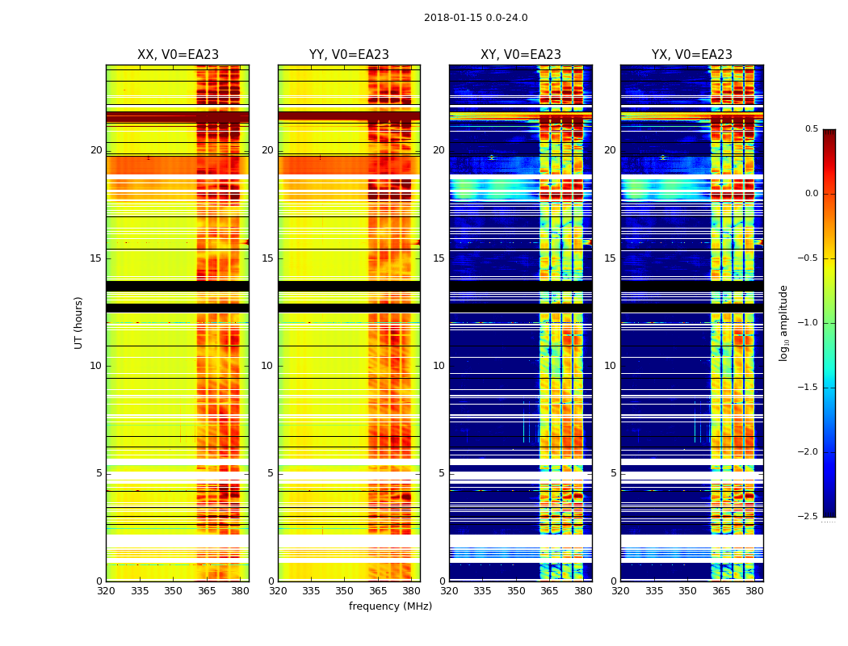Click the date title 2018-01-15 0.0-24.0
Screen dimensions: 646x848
pos(476,18)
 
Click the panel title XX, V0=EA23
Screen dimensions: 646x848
pos(178,55)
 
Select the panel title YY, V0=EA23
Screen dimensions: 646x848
pos(349,55)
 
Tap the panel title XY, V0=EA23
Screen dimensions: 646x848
pos(520,55)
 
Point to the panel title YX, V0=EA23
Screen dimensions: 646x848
pos(691,55)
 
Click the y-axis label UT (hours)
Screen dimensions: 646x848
pos(79,322)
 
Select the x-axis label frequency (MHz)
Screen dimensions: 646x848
pos(390,606)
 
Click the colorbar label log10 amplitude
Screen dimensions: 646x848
pos(783,322)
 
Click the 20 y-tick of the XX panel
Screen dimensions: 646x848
pos(96,150)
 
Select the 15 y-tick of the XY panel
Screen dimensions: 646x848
pos(439,258)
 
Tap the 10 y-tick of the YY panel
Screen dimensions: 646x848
pos(267,366)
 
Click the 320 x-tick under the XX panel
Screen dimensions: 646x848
pos(106,591)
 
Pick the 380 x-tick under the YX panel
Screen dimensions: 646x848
pos(754,591)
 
